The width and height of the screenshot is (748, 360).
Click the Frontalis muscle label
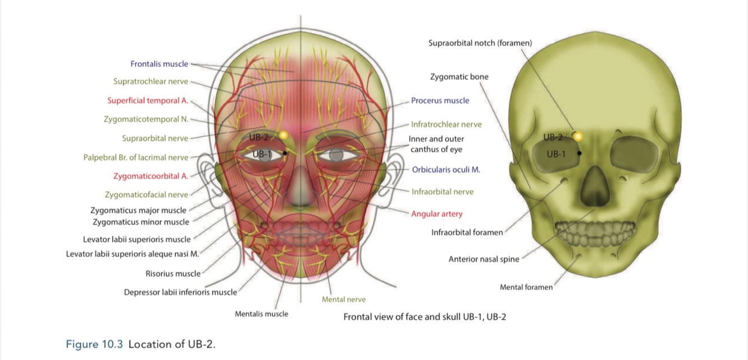pos(159,64)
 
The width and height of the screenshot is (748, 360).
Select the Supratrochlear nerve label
pos(151,81)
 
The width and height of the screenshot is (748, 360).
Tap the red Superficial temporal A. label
pos(147,101)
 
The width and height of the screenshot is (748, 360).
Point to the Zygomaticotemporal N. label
pos(146,119)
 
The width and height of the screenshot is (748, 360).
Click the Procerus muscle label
pos(440,101)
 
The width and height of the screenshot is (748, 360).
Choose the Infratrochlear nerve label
pos(446,124)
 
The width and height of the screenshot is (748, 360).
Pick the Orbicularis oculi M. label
pos(446,169)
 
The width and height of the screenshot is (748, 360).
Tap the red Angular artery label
pos(437,214)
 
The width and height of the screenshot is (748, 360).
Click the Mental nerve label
pos(343,299)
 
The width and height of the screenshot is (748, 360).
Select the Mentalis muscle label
pos(261,314)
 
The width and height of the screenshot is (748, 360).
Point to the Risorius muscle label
pos(173,274)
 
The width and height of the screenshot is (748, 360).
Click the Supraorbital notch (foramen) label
pos(480,43)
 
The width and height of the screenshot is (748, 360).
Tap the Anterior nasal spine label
pos(483,259)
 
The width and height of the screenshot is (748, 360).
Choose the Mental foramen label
pos(525,288)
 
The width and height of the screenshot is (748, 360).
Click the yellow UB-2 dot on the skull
pos(578,136)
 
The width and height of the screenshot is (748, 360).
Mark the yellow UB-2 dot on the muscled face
pos(283,135)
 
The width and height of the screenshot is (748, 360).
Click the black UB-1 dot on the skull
pos(579,152)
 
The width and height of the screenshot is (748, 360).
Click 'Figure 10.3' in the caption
pos(94,344)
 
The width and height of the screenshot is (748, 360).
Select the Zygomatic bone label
pos(459,77)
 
